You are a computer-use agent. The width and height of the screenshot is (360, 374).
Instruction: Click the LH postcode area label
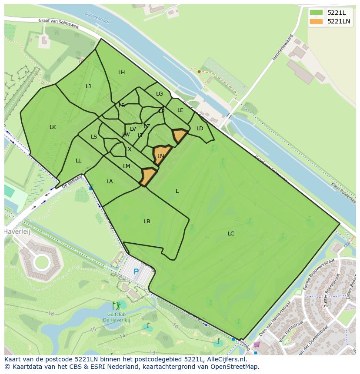pyautogui.click(x=121, y=73)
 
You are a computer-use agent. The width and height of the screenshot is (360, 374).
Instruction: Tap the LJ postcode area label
pyautogui.click(x=88, y=86)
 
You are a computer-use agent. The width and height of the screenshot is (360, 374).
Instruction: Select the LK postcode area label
pyautogui.click(x=53, y=127)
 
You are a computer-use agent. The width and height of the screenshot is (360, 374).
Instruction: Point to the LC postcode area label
pyautogui.click(x=231, y=234)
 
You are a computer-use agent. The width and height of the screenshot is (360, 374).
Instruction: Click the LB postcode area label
pyautogui.click(x=147, y=222)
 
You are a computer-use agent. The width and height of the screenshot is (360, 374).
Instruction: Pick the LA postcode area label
pyautogui.click(x=110, y=182)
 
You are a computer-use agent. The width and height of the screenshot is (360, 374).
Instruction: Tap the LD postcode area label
pyautogui.click(x=200, y=129)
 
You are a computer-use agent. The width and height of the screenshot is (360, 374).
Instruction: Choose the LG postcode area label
pyautogui.click(x=160, y=94)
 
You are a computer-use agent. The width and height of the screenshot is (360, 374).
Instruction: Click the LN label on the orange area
pyautogui.click(x=161, y=156)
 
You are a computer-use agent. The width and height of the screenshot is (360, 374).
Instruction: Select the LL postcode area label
pyautogui.click(x=78, y=161)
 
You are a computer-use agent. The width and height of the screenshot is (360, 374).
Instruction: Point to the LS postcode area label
pyautogui.click(x=94, y=137)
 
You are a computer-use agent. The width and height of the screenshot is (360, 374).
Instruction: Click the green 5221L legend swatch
pyautogui.click(x=316, y=13)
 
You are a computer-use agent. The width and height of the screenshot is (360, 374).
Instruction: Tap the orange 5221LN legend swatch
pyautogui.click(x=316, y=21)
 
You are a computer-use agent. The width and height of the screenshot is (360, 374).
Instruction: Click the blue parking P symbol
pyautogui.click(x=136, y=272)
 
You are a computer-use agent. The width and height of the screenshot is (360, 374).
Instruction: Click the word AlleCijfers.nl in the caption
pyautogui.click(x=226, y=359)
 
